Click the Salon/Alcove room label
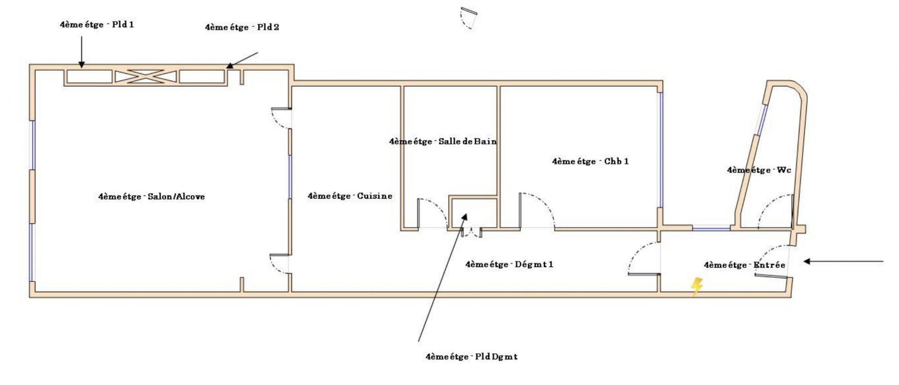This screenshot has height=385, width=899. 151,196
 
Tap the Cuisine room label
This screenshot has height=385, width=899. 350,196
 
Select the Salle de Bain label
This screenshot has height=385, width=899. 443,141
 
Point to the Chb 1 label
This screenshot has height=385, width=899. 590,161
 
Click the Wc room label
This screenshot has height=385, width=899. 759,170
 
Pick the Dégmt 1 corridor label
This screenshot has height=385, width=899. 509,264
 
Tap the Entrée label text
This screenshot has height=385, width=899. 744,265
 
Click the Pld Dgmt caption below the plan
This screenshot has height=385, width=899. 472,357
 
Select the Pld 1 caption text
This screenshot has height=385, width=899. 97,25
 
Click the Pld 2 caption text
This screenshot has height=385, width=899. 242,27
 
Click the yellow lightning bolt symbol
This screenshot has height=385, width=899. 696,286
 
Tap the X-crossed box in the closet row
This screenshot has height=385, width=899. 146,77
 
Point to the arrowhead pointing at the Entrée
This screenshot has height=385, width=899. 807,261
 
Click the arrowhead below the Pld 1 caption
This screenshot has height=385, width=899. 81,65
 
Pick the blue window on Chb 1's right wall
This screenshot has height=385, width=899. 660,150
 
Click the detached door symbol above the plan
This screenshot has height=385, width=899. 468,18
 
